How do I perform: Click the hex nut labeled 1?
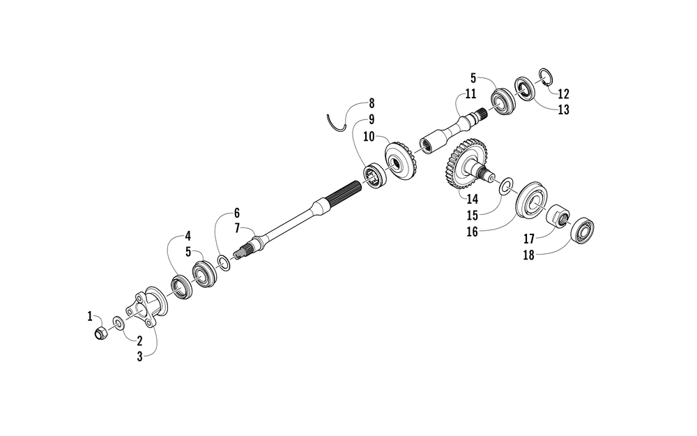(x=100, y=333)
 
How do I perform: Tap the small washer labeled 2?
(x=118, y=322)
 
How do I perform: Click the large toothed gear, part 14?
(x=464, y=163)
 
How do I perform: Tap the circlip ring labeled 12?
(x=546, y=77)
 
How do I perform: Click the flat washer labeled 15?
(x=506, y=187)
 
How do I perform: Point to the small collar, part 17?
(x=558, y=216)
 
